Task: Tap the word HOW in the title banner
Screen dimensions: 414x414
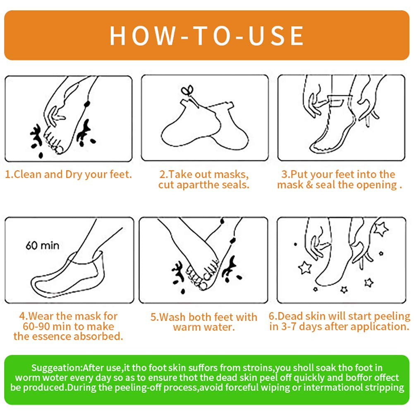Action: point(142,36)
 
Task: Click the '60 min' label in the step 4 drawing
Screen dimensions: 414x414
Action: point(42,246)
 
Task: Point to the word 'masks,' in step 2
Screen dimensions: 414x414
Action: point(231,175)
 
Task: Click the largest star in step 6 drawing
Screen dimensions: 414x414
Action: point(381,228)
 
